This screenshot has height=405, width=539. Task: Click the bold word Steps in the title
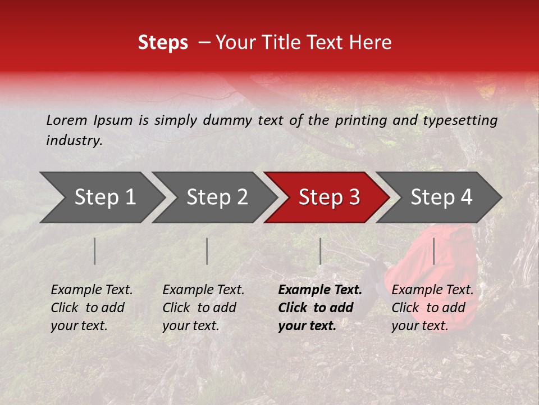coord(163,43)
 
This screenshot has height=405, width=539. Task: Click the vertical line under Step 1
coord(95,251)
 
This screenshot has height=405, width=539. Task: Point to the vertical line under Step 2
coord(207,251)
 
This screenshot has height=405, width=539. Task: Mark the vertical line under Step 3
coord(320,251)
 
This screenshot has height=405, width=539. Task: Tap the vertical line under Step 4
coord(434,251)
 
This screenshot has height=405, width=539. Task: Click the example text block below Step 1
coord(92,308)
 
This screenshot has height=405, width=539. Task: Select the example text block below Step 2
coord(203,308)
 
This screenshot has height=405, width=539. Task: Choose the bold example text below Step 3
coord(320,308)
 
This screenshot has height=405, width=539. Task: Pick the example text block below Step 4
coord(432,308)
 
